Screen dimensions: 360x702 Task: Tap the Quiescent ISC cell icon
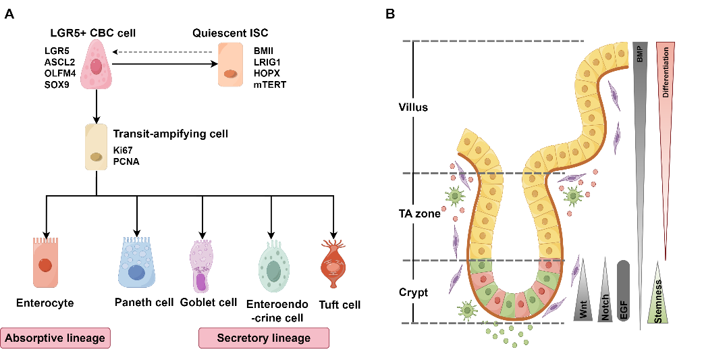tap(231, 66)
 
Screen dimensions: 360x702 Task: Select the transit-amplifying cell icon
tap(97, 146)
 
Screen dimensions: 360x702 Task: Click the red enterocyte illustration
tap(45, 262)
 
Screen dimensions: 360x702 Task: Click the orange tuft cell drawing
tap(333, 264)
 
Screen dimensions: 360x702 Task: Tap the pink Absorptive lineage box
tap(56, 338)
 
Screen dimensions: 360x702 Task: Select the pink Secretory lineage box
tap(263, 338)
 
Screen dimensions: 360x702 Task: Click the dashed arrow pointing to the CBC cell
tap(165, 51)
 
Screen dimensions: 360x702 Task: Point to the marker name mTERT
tap(270, 84)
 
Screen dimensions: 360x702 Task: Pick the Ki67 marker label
tap(124, 150)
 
